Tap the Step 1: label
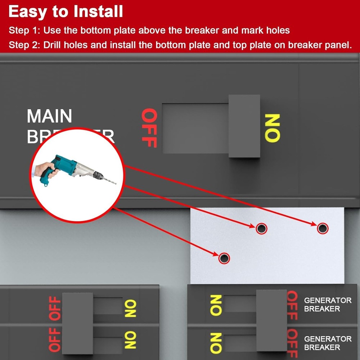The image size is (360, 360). tap(24, 30)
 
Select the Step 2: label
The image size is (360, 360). tap(24, 45)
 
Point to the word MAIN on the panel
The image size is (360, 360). tap(50, 116)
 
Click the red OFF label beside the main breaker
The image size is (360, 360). tap(149, 128)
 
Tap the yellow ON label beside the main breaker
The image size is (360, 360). tap(272, 128)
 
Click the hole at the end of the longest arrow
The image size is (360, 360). tap(322, 228)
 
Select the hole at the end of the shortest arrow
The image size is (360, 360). tap(224, 258)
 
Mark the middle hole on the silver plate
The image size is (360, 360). tap(261, 228)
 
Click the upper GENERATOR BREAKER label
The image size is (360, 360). tap(322, 304)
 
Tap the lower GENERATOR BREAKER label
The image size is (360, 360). tap(322, 343)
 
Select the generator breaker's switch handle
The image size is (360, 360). tap(271, 320)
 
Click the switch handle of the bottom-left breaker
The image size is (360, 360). tap(77, 323)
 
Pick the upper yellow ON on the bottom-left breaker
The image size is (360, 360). tap(130, 309)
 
